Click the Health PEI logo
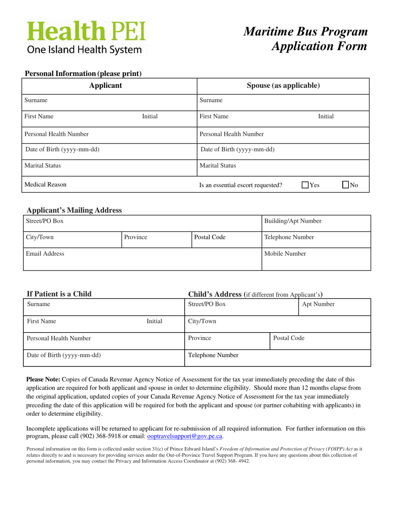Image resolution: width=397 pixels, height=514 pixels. [87, 38]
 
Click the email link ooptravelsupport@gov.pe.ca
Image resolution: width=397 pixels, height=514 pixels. [185, 436]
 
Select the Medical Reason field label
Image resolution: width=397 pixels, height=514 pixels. [46, 184]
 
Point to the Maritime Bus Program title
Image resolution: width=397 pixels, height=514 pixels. [306, 32]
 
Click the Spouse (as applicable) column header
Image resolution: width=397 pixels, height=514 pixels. [283, 86]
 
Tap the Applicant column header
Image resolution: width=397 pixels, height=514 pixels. [106, 86]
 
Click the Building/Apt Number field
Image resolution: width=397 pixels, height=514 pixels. [316, 223]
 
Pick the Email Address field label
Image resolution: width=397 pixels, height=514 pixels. [45, 254]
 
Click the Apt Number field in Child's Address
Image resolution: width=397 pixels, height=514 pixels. [335, 307]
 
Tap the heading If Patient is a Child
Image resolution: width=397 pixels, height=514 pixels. [59, 294]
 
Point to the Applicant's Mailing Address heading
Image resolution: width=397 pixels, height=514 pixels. [74, 210]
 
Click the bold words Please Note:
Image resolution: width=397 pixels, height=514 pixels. [43, 379]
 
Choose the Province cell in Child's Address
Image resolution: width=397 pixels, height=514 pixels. [227, 341]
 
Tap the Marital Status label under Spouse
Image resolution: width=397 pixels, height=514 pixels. [218, 165]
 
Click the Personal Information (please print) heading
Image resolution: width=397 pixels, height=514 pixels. [84, 74]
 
